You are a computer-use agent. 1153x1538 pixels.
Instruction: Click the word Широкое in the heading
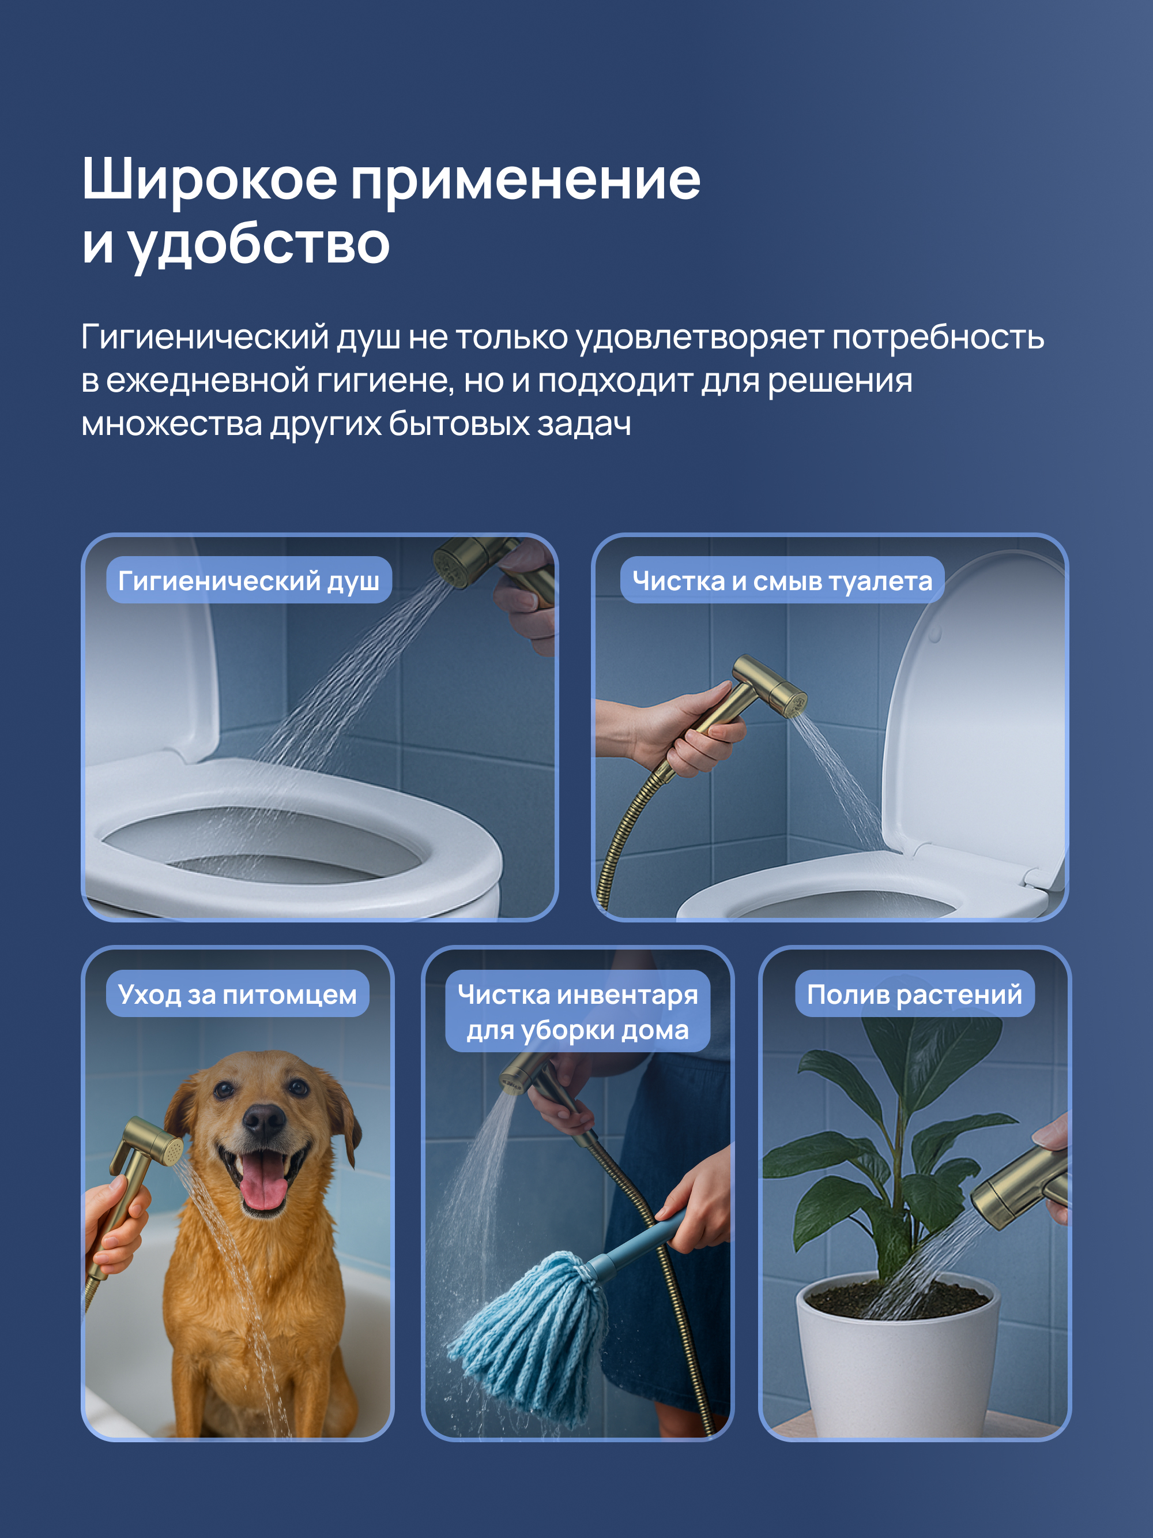[x=209, y=179]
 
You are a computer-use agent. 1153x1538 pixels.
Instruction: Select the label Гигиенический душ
[x=249, y=580]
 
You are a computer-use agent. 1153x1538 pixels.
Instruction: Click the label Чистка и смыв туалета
[x=782, y=580]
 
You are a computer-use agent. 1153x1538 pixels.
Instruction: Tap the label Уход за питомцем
[x=237, y=994]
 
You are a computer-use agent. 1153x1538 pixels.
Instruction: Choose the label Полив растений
[x=914, y=994]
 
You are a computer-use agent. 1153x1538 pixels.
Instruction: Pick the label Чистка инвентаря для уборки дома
[x=578, y=1012]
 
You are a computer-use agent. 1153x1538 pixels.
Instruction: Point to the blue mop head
[x=528, y=1338]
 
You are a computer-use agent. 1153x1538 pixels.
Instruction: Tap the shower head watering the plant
[x=1018, y=1186]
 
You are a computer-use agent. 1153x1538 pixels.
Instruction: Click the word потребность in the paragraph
[x=937, y=338]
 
